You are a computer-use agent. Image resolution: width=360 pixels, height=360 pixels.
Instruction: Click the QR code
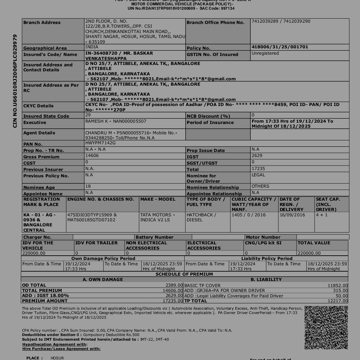click(x=326, y=327)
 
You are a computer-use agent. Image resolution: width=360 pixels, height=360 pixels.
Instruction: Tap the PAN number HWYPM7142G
click(x=100, y=143)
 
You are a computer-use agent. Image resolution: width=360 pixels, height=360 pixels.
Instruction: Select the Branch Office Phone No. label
click(x=215, y=23)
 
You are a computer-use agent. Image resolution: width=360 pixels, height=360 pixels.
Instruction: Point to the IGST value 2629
click(x=257, y=156)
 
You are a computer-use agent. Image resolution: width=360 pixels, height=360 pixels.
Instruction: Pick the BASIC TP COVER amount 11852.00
click(x=338, y=285)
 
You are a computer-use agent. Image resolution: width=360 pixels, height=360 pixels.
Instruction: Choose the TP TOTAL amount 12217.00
click(x=338, y=301)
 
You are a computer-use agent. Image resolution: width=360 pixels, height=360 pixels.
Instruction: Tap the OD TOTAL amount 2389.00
click(x=174, y=285)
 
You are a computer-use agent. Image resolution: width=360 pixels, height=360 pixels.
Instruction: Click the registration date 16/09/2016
click(x=292, y=215)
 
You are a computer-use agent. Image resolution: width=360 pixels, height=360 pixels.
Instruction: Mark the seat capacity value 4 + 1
click(x=322, y=215)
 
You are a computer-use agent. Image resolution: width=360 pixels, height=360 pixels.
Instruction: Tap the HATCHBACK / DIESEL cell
click(x=201, y=217)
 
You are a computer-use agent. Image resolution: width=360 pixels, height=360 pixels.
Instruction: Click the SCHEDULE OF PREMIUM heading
click(x=184, y=274)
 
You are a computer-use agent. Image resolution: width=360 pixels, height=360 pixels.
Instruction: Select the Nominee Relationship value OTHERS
click(x=260, y=186)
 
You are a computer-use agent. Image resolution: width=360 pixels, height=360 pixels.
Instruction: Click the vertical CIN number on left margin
click(x=15, y=81)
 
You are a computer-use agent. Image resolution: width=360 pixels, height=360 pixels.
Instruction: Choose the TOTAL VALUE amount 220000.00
click(x=309, y=253)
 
